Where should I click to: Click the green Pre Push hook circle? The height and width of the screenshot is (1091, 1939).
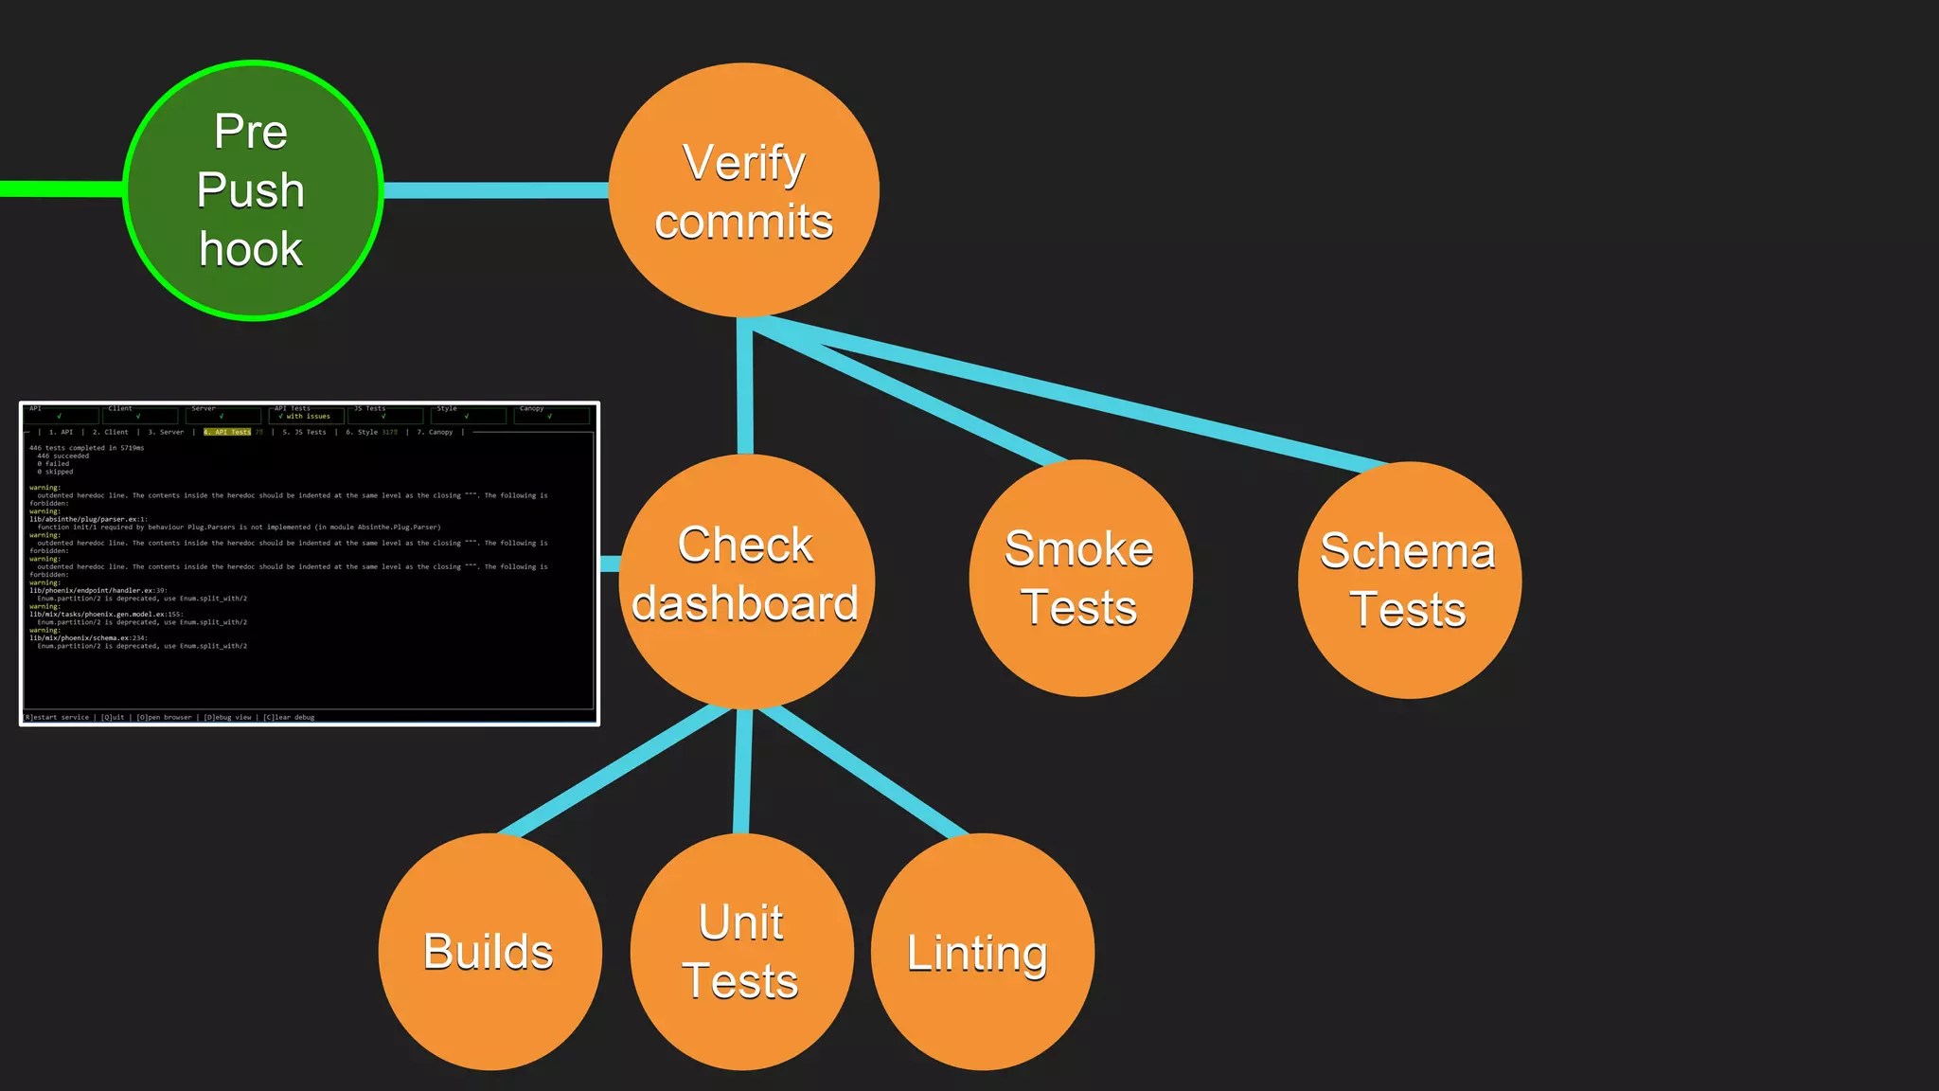[253, 190]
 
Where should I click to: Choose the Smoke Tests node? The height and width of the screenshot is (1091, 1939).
[1080, 578]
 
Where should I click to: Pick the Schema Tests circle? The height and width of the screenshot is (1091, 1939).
[1409, 580]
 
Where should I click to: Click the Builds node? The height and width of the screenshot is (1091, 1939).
[489, 952]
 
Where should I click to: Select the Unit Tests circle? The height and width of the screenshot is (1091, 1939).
[741, 952]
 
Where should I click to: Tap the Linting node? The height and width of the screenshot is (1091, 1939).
[982, 952]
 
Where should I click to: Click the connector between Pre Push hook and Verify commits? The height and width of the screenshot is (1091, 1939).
[494, 190]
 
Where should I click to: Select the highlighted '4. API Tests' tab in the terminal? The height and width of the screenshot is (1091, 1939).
[228, 432]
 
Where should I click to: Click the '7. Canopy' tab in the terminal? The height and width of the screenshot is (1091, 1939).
[436, 432]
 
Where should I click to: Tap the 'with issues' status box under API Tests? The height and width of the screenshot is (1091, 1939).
[306, 416]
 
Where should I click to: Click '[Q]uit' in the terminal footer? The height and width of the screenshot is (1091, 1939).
[113, 717]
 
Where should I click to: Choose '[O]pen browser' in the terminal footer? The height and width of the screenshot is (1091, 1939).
[164, 717]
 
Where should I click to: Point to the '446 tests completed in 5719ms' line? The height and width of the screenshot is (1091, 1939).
[87, 448]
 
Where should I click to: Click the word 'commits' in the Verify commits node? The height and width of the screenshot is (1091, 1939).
[744, 222]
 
